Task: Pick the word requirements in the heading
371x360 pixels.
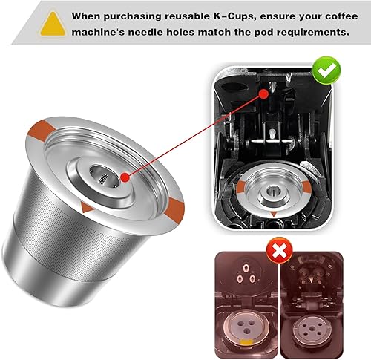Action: [x=306, y=31]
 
